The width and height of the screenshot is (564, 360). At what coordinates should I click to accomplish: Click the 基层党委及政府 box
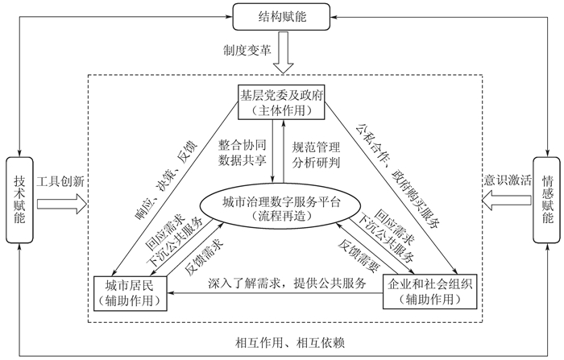[x=281, y=101]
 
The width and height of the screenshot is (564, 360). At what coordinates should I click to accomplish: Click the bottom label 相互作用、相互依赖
[x=281, y=341]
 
